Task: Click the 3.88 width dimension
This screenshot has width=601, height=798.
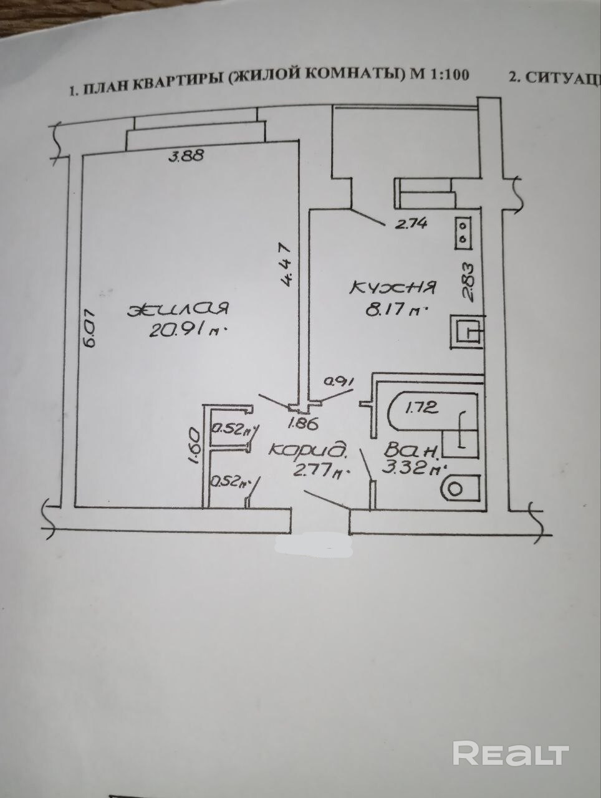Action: click(x=186, y=156)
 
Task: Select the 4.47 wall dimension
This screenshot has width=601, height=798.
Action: click(x=286, y=264)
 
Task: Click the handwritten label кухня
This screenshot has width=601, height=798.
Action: click(x=394, y=288)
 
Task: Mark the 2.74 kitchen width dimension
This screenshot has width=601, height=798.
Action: click(x=411, y=224)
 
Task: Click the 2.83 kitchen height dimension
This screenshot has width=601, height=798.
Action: click(x=471, y=281)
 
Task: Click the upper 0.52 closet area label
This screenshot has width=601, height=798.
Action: click(x=232, y=429)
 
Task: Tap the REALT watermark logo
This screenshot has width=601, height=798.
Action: click(x=511, y=753)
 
